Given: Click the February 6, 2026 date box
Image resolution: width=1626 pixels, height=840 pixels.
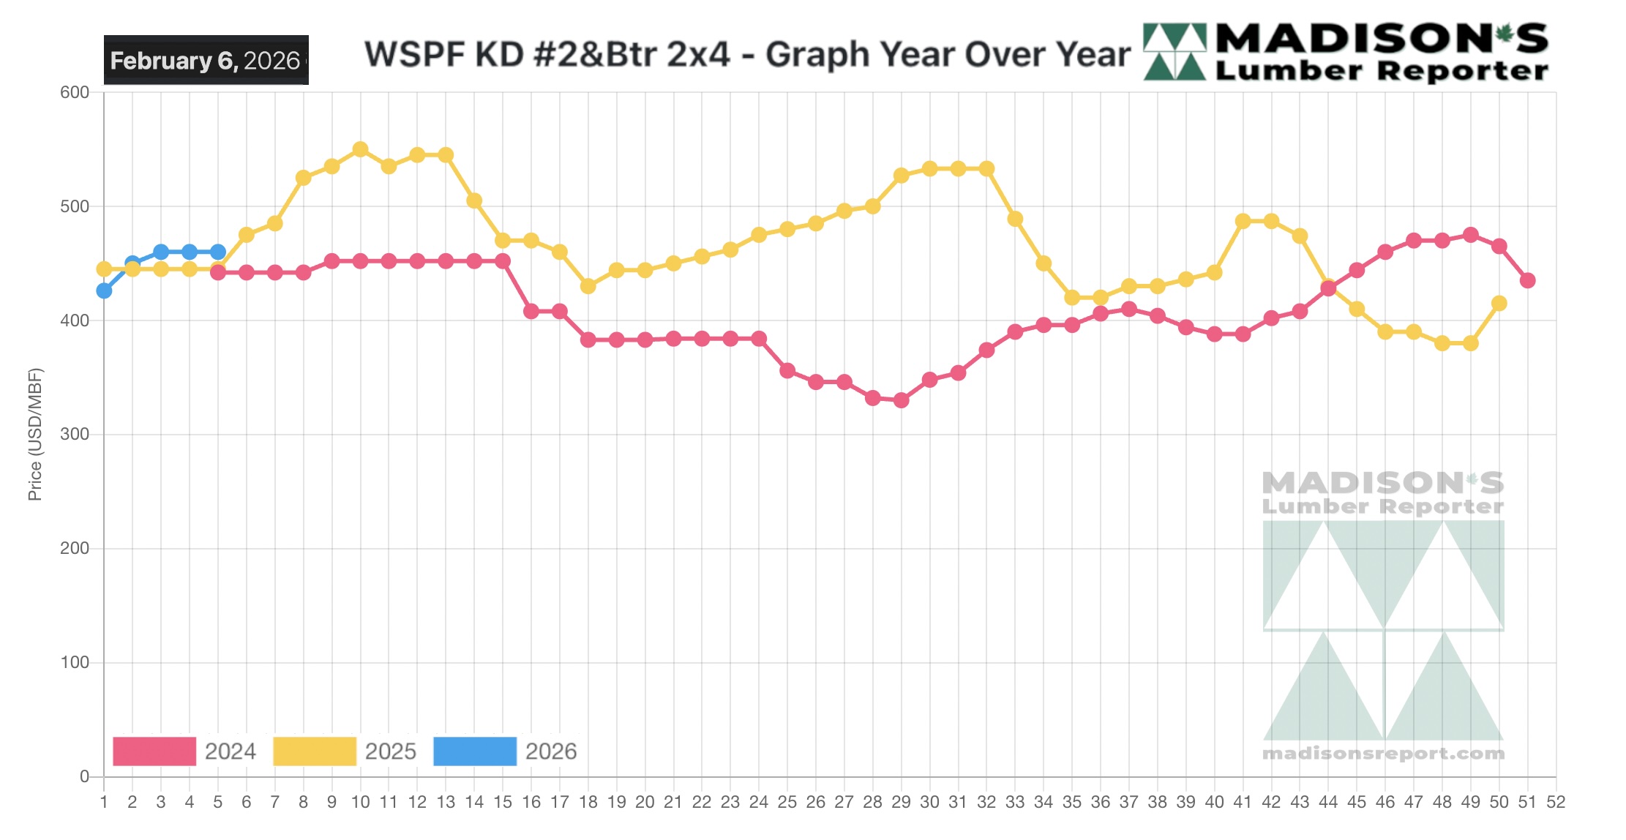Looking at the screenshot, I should coord(206,60).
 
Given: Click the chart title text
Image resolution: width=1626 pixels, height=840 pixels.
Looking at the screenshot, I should coord(747,54).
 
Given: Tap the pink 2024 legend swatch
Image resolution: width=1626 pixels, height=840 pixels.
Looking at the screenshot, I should coord(154,751).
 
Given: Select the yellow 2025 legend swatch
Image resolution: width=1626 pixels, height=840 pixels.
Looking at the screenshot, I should coord(315,751).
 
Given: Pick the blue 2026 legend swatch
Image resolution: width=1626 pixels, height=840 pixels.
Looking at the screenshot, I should coord(475,751).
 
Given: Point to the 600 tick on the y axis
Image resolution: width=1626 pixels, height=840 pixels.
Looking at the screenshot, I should coord(75,92).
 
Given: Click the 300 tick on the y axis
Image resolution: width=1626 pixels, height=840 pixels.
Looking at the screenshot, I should coord(75,434).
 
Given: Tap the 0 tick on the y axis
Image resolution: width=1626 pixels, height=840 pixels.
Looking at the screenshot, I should coord(84,776).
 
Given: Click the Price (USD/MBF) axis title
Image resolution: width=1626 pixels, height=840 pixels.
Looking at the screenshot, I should coord(34,434).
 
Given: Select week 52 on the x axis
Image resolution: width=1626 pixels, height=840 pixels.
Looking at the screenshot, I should coord(1555,802).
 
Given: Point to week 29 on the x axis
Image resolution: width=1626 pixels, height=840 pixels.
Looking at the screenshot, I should coord(901,802).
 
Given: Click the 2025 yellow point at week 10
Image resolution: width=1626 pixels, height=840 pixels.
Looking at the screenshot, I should coord(360,149).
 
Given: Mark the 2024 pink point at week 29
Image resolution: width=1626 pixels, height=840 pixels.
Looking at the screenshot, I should coord(901,400).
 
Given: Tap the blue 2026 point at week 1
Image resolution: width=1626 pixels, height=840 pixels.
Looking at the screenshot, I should coord(104,290).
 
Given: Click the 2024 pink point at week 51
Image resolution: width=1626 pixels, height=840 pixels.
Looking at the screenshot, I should coord(1527,280).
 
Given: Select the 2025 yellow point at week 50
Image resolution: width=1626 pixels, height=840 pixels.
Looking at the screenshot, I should coord(1499,303).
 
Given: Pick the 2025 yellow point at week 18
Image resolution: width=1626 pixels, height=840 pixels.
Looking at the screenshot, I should coord(588,286).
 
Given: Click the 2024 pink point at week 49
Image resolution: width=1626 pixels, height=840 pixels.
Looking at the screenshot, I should coord(1470,235).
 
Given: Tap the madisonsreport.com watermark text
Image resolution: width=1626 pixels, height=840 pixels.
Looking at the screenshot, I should coord(1383,753).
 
